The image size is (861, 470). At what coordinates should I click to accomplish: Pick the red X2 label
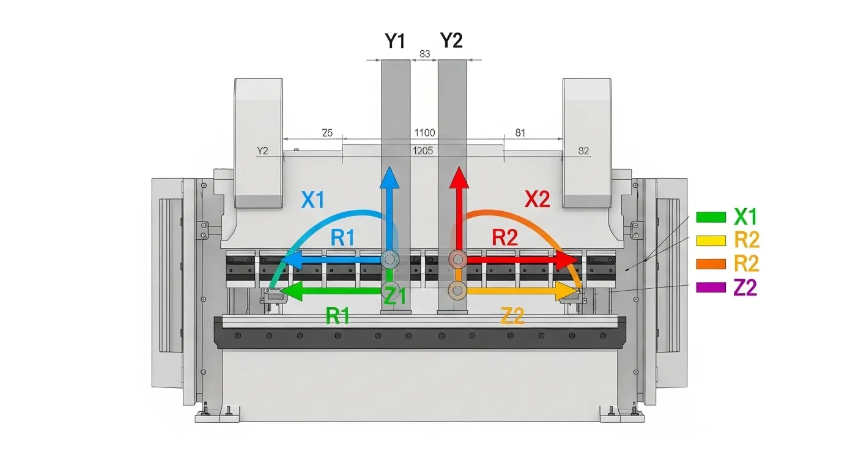[538, 199]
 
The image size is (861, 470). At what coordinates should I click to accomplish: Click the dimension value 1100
[424, 133]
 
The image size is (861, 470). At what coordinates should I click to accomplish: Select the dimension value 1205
[424, 151]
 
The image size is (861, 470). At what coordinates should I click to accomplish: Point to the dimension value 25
[327, 133]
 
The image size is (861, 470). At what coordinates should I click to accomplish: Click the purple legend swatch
[711, 287]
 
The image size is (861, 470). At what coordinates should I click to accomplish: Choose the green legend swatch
[711, 217]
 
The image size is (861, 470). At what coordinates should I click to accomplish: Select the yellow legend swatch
[711, 241]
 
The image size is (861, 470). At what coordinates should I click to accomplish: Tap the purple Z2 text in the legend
[745, 287]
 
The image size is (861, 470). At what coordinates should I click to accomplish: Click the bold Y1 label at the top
[395, 41]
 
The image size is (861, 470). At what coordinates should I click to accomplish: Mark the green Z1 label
[395, 297]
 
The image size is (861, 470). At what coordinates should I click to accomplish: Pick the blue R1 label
[342, 237]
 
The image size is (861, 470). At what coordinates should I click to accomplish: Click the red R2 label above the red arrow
[505, 237]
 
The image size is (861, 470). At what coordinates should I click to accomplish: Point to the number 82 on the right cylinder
[583, 151]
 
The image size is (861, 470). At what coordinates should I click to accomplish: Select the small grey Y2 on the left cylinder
[263, 151]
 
